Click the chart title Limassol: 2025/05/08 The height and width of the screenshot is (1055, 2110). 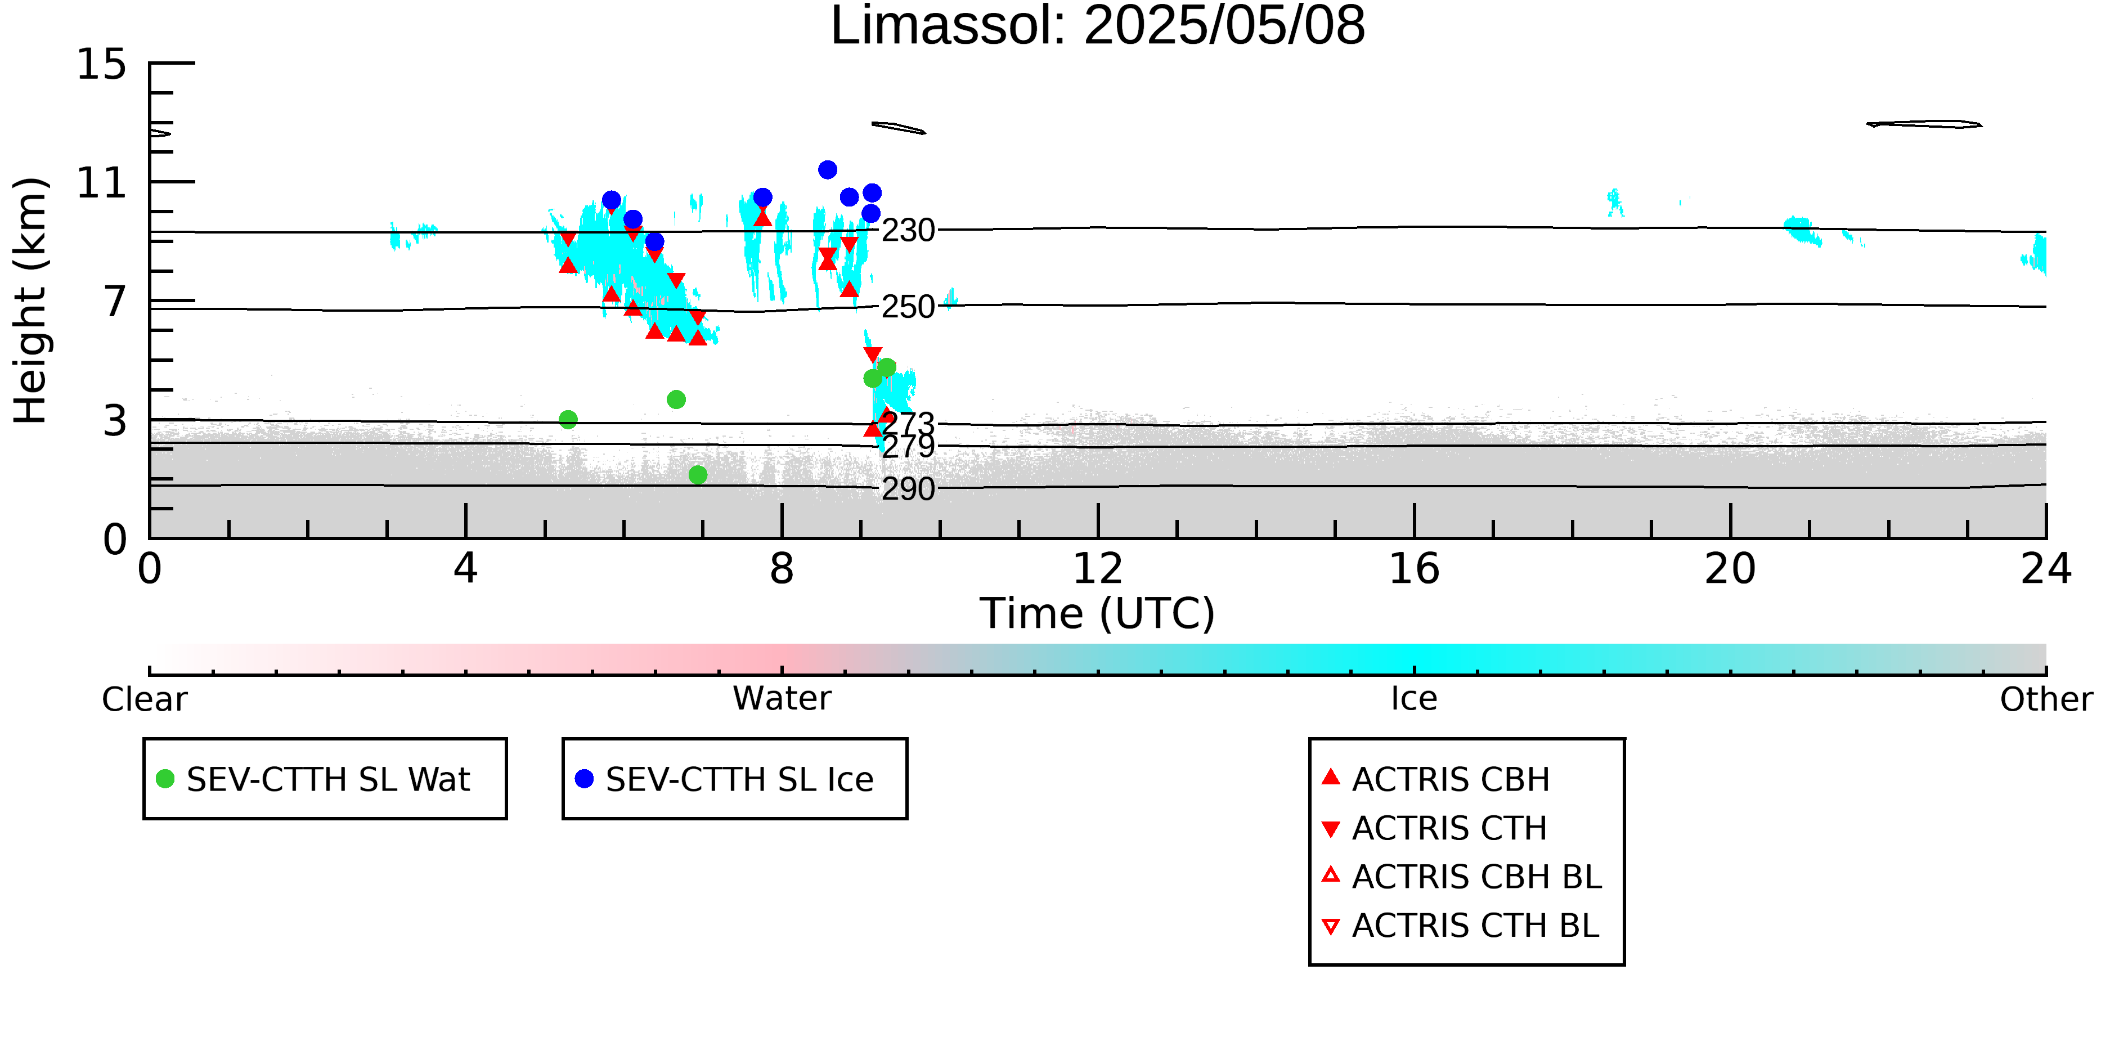[x=1098, y=26]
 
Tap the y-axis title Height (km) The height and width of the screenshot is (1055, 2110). [x=30, y=300]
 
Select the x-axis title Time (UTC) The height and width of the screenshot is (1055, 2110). [x=1098, y=613]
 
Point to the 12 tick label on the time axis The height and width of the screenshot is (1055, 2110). [x=1098, y=568]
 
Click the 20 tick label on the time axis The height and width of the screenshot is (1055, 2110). [x=1730, y=568]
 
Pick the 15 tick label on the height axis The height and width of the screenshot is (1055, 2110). [x=102, y=64]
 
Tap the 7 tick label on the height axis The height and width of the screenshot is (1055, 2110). [x=115, y=302]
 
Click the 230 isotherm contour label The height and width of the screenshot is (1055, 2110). [x=908, y=231]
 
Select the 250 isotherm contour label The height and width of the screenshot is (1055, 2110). [x=908, y=307]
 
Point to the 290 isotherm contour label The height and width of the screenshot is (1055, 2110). [x=908, y=489]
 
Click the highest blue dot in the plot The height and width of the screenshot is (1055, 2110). [x=827, y=169]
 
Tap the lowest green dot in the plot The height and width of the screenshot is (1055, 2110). [x=698, y=475]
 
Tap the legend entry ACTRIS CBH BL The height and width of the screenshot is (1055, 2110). [x=1461, y=877]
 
